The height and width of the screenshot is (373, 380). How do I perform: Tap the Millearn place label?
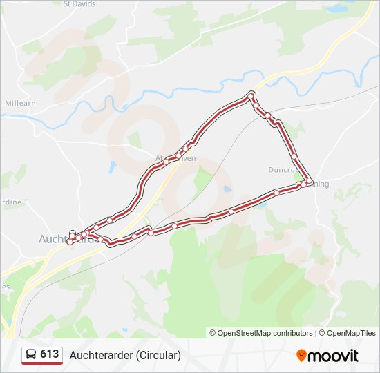click(x=19, y=103)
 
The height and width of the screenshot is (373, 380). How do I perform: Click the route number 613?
click(x=50, y=354)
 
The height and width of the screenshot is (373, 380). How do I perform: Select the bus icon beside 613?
click(x=30, y=354)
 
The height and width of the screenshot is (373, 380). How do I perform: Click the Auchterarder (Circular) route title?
click(x=125, y=355)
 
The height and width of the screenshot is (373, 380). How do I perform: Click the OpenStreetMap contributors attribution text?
click(x=265, y=333)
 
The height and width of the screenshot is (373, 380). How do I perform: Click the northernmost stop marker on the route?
click(x=251, y=95)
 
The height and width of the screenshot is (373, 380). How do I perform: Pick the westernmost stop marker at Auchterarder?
click(x=69, y=241)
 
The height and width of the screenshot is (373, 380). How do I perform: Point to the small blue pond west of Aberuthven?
click(x=113, y=166)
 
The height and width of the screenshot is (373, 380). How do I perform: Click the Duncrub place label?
click(x=283, y=169)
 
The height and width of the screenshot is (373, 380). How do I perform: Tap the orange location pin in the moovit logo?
click(x=302, y=356)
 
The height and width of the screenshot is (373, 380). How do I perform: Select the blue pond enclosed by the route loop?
click(x=226, y=189)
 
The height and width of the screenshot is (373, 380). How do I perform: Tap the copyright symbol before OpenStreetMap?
click(x=213, y=333)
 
